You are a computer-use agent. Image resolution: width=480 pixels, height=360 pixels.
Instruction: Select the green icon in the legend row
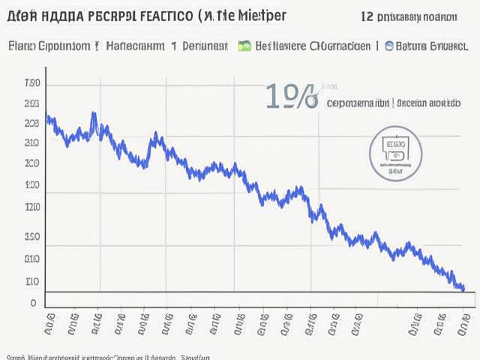coord(244,46)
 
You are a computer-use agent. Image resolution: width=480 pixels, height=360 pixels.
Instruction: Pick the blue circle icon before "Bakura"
coord(389,46)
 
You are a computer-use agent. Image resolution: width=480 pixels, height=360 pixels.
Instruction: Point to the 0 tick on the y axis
coord(33,303)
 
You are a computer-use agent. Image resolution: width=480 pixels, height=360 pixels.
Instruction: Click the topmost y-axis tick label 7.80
coord(32,82)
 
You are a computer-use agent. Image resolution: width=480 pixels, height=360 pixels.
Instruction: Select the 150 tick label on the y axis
coord(32,237)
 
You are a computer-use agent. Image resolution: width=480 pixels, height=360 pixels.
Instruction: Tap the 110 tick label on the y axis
coord(32,282)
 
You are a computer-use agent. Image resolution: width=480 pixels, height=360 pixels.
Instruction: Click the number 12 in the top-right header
coord(368,16)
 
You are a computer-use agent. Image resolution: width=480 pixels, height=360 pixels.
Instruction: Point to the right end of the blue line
coord(463,288)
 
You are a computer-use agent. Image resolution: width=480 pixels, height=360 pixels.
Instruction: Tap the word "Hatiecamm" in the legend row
coord(134,46)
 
